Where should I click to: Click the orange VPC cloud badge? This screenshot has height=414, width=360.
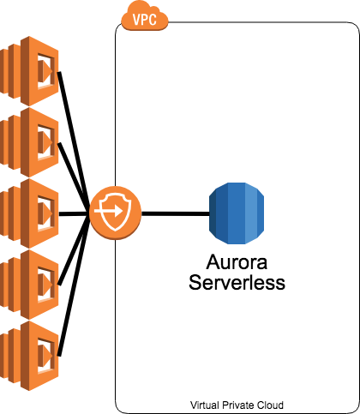coord(145,15)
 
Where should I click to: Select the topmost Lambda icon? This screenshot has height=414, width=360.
coord(29,71)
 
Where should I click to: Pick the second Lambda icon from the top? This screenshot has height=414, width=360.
coord(29,142)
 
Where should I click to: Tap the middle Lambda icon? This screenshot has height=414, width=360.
coord(29,213)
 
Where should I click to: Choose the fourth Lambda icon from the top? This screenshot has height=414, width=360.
coord(29,285)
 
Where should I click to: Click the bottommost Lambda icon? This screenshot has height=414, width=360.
coord(29,356)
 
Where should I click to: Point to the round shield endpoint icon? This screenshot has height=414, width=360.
coord(116,213)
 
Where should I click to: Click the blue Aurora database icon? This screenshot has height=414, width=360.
coord(237,213)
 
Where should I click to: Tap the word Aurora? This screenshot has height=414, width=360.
coord(237,262)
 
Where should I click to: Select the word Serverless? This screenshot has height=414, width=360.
coord(237,283)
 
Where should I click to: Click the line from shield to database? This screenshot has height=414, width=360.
coord(176,213)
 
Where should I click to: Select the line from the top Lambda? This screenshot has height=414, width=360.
coord(74,142)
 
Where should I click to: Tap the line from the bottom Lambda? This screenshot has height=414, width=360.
coord(74,285)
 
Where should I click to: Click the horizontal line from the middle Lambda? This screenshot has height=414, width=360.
coord(75,213)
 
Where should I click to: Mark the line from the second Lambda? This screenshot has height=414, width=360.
coord(74,178)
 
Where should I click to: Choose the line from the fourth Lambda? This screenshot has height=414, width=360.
coord(74,249)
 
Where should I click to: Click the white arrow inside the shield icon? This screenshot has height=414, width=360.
coord(109,212)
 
